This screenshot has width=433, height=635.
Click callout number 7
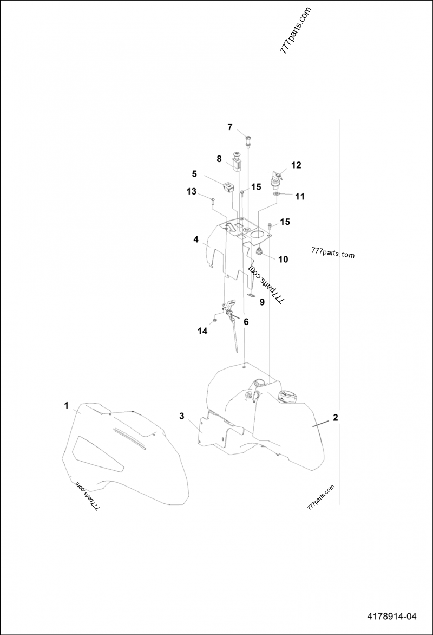[229, 127]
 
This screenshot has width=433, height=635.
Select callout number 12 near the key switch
[296, 165]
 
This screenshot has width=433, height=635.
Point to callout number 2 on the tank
[336, 417]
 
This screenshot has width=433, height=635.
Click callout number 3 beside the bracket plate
[182, 416]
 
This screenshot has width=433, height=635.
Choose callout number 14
[202, 331]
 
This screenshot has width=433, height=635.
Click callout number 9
[261, 302]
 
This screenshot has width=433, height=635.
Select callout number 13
[192, 191]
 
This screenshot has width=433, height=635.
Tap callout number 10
[283, 259]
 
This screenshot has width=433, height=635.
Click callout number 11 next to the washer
[299, 197]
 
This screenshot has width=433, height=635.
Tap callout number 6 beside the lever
[246, 321]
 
